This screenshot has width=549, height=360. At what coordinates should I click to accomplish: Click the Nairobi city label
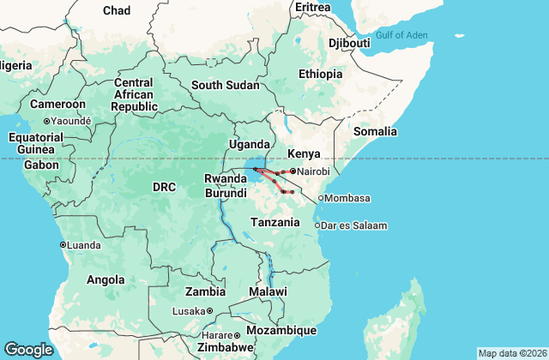[x=314, y=172]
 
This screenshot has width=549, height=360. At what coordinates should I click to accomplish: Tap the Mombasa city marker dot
[x=321, y=199]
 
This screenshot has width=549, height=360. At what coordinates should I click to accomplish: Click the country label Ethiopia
[x=321, y=74]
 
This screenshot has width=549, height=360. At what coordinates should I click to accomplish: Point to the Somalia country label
[x=376, y=131]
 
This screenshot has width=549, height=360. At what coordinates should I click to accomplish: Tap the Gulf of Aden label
[x=426, y=35]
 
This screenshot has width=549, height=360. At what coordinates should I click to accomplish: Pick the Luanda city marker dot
[x=63, y=244]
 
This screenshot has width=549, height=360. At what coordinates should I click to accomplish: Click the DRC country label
[x=164, y=186]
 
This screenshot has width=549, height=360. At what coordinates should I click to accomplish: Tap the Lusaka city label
[x=189, y=311]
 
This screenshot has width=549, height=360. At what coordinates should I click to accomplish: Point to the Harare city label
[x=218, y=335]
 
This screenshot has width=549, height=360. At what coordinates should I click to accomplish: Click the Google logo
[x=28, y=349]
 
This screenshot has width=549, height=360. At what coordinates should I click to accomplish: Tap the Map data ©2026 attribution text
[x=511, y=353]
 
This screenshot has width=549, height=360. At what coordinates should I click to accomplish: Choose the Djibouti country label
[x=349, y=43]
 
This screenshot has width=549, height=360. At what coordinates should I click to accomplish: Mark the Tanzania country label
[x=274, y=222]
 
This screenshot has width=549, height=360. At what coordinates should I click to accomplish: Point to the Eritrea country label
[x=311, y=7]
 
